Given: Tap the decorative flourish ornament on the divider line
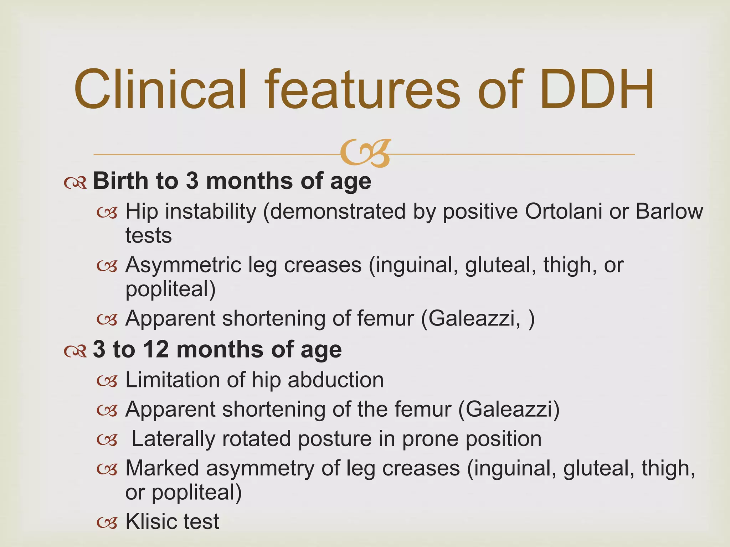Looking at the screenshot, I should (365, 153).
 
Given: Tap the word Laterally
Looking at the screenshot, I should (173, 438).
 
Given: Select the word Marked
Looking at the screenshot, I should (162, 468).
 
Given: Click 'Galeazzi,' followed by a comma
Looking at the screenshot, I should (474, 318).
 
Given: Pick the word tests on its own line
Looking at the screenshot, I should (148, 236).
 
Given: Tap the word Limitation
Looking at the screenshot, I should (173, 380).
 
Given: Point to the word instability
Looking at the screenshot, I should (210, 212).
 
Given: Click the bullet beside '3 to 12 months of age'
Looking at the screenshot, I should (75, 351).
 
